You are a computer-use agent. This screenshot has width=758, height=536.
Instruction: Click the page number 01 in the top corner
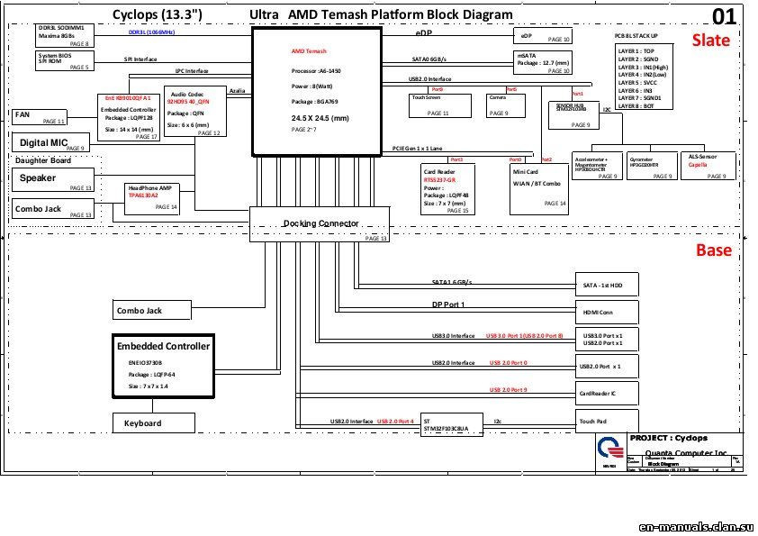[x=724, y=16]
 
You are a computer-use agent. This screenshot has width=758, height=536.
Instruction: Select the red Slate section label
[x=710, y=41]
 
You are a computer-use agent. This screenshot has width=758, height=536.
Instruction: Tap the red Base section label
[x=713, y=250]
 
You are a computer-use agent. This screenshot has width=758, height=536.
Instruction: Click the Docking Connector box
[x=320, y=223]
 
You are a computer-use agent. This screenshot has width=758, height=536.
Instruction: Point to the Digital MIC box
[x=50, y=142]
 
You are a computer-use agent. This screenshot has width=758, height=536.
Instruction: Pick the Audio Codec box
[x=194, y=113]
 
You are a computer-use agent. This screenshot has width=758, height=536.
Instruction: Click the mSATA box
[x=542, y=61]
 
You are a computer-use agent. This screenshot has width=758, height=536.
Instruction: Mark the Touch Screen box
[x=441, y=104]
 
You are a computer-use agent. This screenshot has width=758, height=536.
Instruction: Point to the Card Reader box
[x=447, y=189]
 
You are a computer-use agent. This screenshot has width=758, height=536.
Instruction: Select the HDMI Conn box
[x=607, y=312]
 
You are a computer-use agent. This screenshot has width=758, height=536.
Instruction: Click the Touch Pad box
[x=607, y=421]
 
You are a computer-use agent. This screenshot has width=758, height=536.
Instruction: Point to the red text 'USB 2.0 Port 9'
[x=509, y=390]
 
